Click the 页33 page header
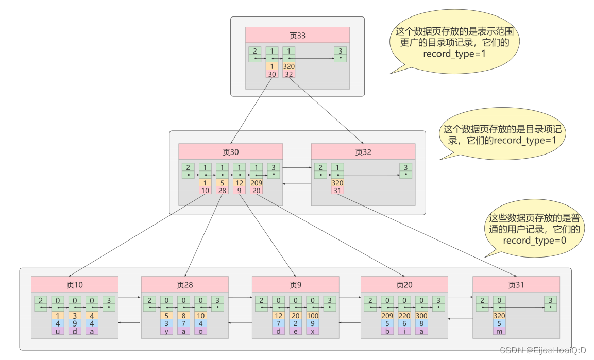(x=297, y=35)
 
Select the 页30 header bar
(x=230, y=152)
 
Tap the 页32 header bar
(x=363, y=152)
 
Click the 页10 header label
(x=74, y=284)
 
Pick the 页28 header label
(x=184, y=284)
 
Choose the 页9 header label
(x=295, y=284)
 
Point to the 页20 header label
(x=404, y=284)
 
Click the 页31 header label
(x=516, y=284)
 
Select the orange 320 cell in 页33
(x=288, y=66)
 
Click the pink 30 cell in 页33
(x=272, y=74)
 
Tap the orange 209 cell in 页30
(x=256, y=183)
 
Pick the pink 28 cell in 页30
(x=222, y=191)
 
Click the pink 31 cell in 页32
(x=337, y=191)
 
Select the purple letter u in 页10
(x=58, y=331)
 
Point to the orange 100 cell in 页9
(x=313, y=316)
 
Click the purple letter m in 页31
(x=499, y=331)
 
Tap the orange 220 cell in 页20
(x=404, y=316)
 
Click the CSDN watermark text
(x=543, y=350)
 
